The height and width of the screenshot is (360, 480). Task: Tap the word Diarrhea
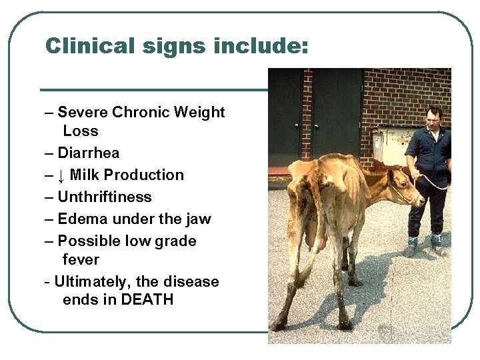tap(89, 153)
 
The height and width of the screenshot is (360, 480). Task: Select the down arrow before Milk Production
tap(61, 175)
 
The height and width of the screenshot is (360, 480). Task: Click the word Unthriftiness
tap(105, 197)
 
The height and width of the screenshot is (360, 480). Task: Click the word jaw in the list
tap(198, 219)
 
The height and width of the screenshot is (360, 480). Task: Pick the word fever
tap(81, 259)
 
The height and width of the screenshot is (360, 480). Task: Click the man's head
tap(434, 117)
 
